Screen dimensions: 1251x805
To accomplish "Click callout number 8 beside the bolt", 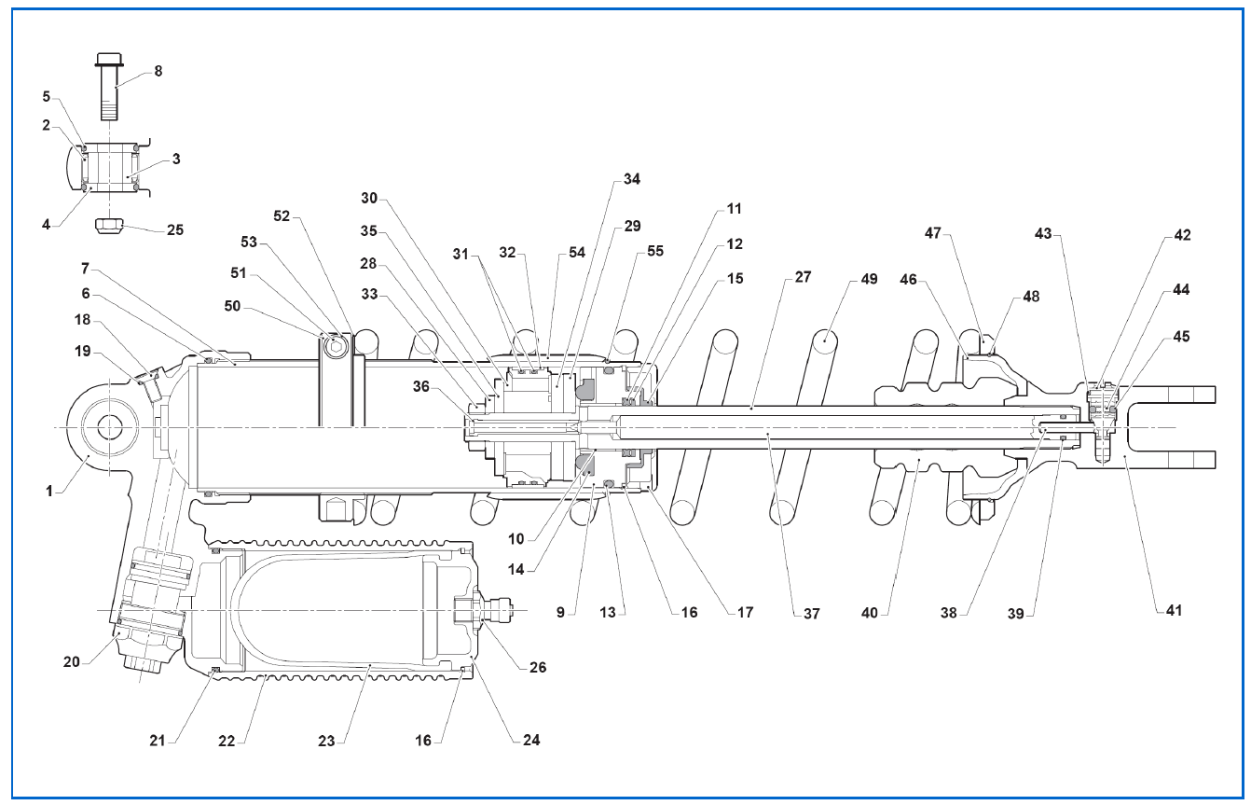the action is tap(158, 72).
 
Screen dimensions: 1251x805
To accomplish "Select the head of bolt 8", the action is tap(109, 59).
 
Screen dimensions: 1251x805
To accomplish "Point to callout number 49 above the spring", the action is tap(869, 279).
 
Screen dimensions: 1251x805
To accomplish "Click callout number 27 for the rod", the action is tap(803, 277).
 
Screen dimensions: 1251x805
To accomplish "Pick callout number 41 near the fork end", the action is tap(1174, 610).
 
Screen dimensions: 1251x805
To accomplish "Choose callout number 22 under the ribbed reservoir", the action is tap(227, 742).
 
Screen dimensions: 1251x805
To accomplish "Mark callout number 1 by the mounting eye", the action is tap(49, 492).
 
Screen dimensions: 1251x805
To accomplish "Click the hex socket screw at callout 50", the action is tap(336, 347).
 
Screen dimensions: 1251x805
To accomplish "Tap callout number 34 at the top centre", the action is tap(632, 179).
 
